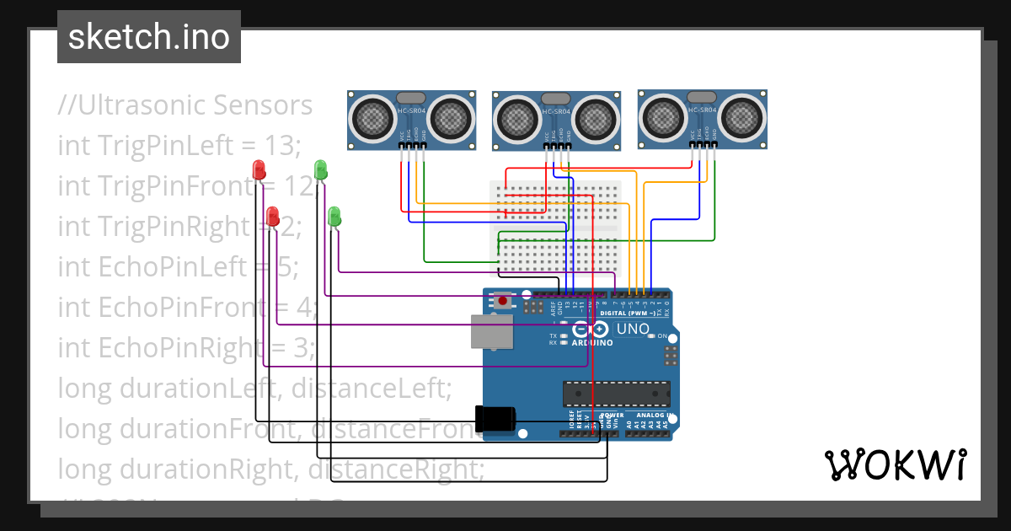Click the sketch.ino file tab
[x=149, y=37]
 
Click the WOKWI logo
[x=895, y=464]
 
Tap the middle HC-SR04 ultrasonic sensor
[x=556, y=118]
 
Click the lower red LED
[x=272, y=216]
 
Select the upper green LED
[x=320, y=169]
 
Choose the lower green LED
[x=334, y=215]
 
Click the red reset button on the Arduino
[x=503, y=300]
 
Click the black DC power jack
[x=495, y=419]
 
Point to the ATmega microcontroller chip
[x=617, y=394]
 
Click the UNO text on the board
[x=633, y=329]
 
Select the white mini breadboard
[x=556, y=228]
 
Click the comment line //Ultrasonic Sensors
[x=185, y=105]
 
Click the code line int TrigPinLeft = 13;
[x=179, y=145]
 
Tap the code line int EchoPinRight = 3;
[x=185, y=347]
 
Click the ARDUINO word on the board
[x=592, y=343]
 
